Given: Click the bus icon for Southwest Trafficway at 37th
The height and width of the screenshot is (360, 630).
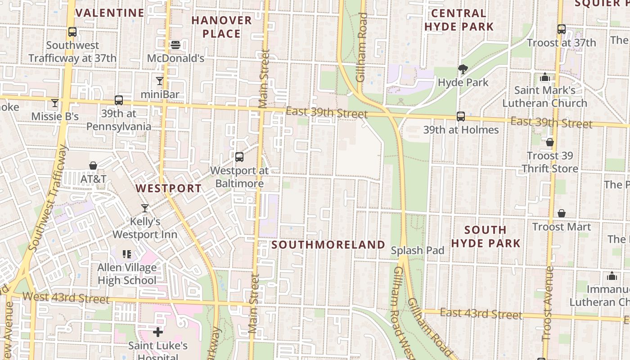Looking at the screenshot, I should (72, 32).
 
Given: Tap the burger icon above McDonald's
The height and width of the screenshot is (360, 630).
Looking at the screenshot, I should (175, 45).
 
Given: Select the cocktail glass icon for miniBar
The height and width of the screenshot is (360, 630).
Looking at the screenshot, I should (160, 81).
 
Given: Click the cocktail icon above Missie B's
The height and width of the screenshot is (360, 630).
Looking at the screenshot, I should (55, 103).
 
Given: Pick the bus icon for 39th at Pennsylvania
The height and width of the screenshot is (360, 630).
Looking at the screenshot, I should (119, 100).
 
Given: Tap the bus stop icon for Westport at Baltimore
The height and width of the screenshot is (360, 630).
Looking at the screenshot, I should (239, 157).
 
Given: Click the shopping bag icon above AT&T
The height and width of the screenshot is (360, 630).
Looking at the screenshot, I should (93, 166).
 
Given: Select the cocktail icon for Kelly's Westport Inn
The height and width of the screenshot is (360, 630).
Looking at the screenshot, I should (145, 208).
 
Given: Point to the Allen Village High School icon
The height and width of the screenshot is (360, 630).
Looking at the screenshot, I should (127, 254).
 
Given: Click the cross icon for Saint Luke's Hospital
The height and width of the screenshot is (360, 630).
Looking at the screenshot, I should (157, 332).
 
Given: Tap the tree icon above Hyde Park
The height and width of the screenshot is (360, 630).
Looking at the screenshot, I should (463, 69).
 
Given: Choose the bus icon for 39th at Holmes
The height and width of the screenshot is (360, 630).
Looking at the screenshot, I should (461, 117).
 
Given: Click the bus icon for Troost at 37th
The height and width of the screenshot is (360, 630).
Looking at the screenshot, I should (561, 29).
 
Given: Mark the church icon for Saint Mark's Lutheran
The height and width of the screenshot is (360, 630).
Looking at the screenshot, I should (545, 77).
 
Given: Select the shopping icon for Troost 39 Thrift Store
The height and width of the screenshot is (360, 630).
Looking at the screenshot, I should (549, 143).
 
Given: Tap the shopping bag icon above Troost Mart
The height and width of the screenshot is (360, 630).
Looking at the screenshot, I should (562, 213).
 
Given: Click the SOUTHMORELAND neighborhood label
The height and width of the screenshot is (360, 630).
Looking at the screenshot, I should (328, 245).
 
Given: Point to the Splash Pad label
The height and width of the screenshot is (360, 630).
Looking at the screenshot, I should (418, 251).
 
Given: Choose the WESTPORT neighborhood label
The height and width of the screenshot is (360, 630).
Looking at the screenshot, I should (169, 188).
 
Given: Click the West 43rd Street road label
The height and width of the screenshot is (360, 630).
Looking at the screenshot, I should (66, 297).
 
